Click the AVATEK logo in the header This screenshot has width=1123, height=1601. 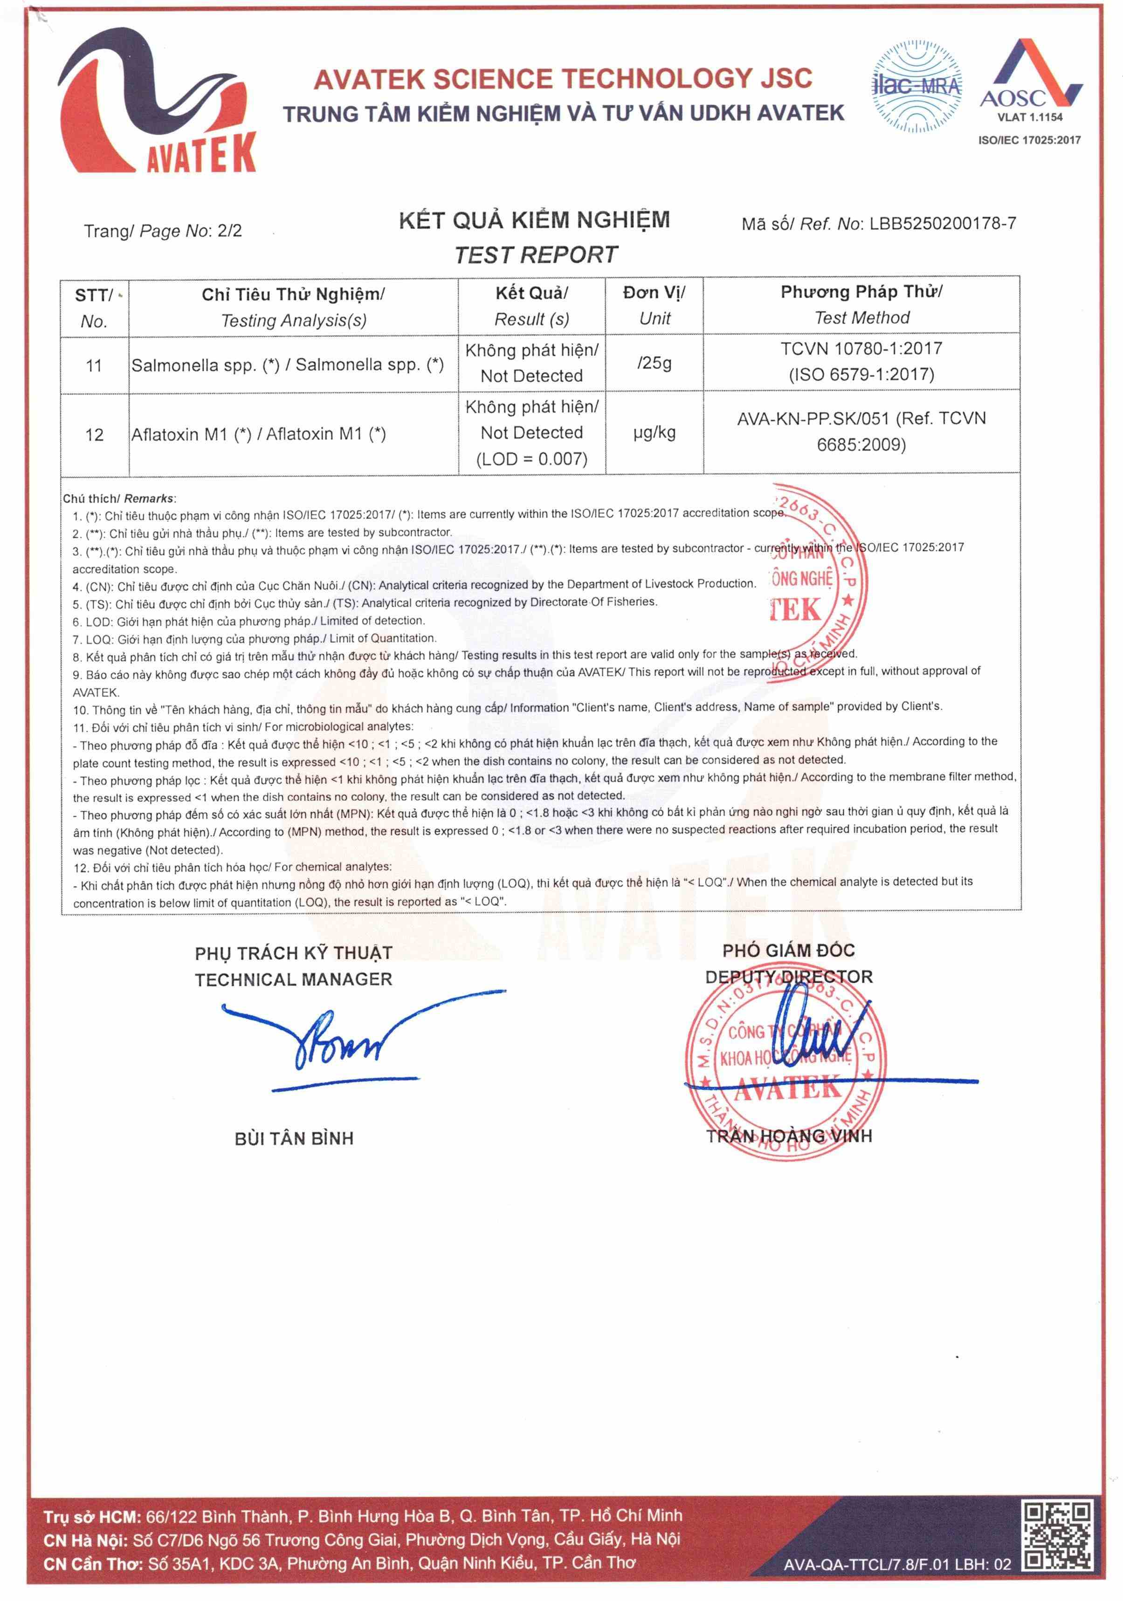[x=157, y=101]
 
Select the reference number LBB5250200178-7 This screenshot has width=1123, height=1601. [x=942, y=224]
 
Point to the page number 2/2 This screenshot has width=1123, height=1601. [x=229, y=231]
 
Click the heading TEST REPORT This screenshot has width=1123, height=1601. [x=536, y=255]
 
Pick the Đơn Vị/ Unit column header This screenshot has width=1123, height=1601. [x=654, y=305]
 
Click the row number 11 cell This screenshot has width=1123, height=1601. [x=94, y=365]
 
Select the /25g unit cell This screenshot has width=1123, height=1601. [x=654, y=363]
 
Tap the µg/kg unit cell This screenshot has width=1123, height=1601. [x=654, y=432]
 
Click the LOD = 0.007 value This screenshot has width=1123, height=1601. [x=531, y=459]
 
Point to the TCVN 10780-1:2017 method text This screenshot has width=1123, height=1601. [x=861, y=349]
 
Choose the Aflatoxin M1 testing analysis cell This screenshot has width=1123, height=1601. [x=258, y=434]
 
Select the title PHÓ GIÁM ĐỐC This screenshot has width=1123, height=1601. [x=788, y=951]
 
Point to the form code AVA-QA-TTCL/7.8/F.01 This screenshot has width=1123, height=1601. [x=865, y=1564]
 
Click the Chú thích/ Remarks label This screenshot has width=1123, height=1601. [x=118, y=499]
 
